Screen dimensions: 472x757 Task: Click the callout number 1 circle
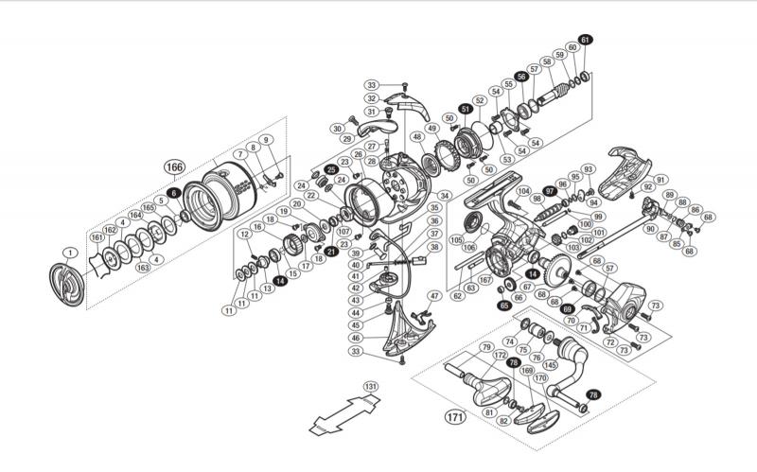pyautogui.click(x=69, y=252)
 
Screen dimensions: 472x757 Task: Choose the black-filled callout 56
pyautogui.click(x=520, y=77)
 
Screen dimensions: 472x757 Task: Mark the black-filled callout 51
pyautogui.click(x=465, y=109)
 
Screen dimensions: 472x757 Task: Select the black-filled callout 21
pyautogui.click(x=331, y=251)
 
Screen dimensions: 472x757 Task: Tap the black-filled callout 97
pyautogui.click(x=549, y=191)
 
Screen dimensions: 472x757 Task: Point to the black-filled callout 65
pyautogui.click(x=504, y=306)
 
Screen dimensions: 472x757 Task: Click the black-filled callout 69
pyautogui.click(x=568, y=308)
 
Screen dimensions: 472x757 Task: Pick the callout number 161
pyautogui.click(x=97, y=237)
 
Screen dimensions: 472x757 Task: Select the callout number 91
pyautogui.click(x=660, y=180)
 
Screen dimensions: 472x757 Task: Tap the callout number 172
pyautogui.click(x=501, y=355)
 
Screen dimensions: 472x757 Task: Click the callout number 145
pyautogui.click(x=552, y=366)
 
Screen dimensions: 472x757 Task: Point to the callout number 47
pyautogui.click(x=435, y=297)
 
